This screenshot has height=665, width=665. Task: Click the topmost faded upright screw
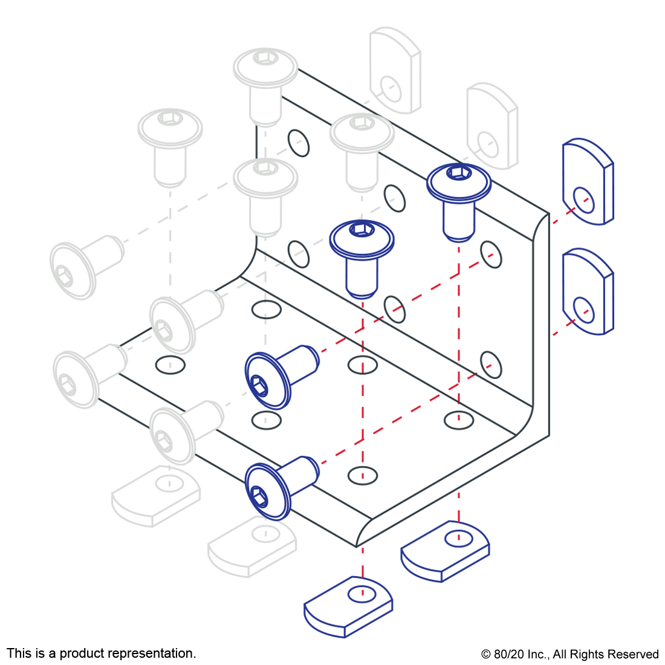point(265,85)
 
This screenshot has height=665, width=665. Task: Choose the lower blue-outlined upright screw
point(362,254)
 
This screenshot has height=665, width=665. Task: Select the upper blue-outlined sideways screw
point(280,375)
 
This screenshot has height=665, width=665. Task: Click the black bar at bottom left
point(101,654)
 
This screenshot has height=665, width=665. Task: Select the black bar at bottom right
point(569,655)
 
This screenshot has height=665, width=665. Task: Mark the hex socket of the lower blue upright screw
point(362,229)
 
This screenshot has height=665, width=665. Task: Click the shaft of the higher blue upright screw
point(459,219)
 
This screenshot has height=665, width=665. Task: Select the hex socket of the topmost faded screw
point(265,57)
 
